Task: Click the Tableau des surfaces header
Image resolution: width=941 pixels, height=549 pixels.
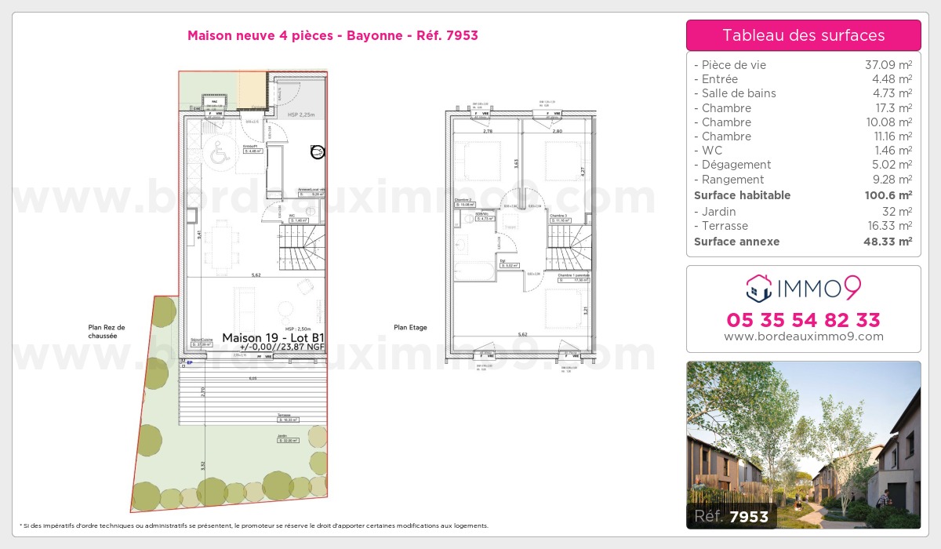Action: (x=803, y=35)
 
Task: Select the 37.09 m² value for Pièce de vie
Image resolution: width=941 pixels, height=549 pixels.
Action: (x=888, y=65)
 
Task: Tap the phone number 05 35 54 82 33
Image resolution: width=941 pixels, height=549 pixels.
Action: (x=803, y=320)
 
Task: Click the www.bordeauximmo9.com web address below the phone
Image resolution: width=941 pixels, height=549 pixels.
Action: (x=803, y=336)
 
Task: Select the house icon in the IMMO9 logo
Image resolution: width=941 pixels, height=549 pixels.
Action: (x=758, y=289)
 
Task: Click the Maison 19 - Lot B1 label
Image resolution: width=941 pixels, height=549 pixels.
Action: (x=273, y=338)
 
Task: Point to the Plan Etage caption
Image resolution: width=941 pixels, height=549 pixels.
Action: (x=410, y=328)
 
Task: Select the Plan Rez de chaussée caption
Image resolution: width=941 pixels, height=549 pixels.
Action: (x=106, y=332)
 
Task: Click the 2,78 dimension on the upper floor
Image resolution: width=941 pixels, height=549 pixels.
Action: (x=488, y=132)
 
